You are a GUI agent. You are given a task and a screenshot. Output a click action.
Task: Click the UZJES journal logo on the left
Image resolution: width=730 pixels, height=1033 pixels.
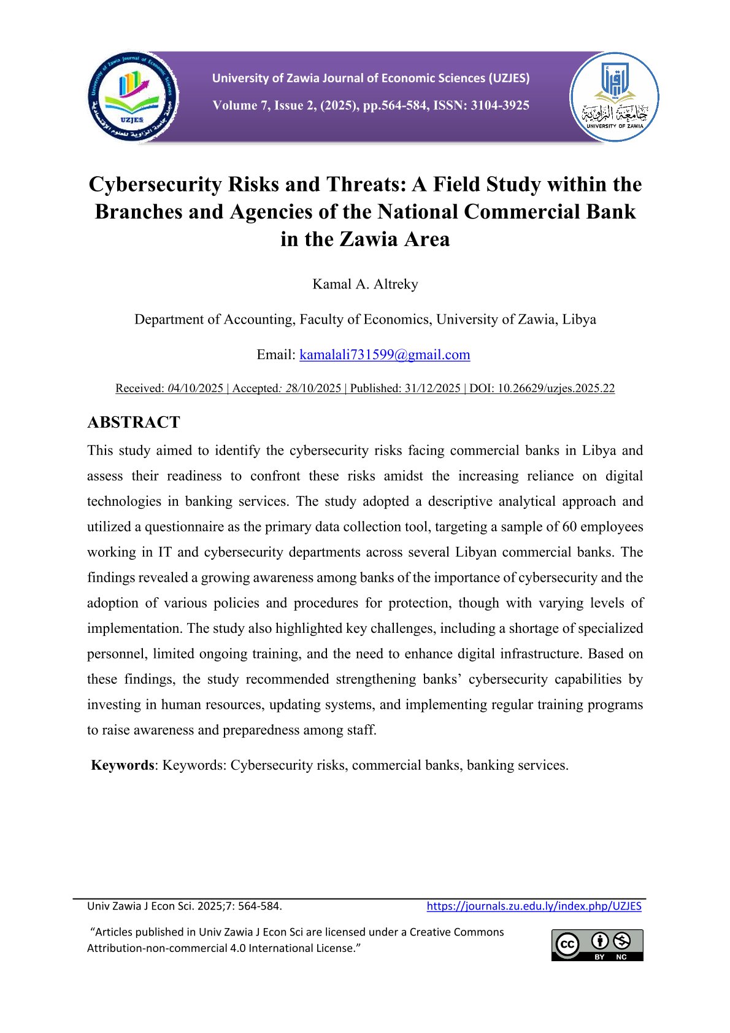point(133,98)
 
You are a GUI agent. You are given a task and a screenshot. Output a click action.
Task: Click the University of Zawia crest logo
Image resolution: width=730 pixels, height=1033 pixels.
point(614,97)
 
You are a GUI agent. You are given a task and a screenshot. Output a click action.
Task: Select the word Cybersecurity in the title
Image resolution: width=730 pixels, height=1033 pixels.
point(155,184)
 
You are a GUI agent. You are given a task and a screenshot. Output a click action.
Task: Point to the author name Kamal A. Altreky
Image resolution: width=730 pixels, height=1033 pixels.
point(365,284)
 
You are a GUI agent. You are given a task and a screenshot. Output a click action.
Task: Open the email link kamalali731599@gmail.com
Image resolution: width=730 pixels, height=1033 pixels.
point(385,355)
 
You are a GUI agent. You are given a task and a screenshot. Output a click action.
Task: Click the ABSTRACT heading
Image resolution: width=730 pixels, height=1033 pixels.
point(134,422)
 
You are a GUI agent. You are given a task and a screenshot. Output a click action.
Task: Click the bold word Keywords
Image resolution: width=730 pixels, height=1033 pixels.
point(123,765)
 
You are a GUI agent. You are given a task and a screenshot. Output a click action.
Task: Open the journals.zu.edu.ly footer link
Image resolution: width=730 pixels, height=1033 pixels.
point(534,906)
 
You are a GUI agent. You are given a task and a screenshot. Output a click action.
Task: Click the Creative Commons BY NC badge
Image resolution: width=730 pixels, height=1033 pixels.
point(597,945)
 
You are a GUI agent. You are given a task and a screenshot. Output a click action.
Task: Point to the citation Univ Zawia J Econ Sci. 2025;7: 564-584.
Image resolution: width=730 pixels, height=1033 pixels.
point(185,906)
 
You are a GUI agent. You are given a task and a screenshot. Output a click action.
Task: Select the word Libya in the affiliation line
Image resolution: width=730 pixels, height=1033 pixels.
point(579,320)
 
